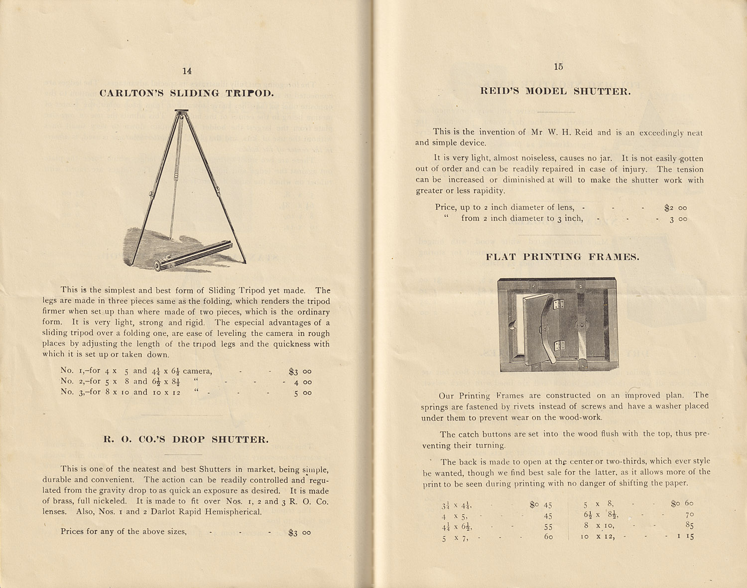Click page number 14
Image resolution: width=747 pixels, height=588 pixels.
coord(187,71)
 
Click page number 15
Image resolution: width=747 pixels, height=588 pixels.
coord(558,67)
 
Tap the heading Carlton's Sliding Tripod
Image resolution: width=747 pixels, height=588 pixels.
coord(186,93)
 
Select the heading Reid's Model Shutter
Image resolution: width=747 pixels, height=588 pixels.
coord(555,91)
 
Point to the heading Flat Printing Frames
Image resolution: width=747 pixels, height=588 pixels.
coord(562,257)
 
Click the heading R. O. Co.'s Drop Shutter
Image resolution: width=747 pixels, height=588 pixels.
coord(186,440)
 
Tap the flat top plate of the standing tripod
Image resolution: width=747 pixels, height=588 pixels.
coord(182,111)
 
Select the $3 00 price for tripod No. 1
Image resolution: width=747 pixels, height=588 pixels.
coord(300,371)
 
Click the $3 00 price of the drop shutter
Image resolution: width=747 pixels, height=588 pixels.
coord(300,533)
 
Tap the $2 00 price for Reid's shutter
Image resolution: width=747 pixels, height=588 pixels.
coord(675,208)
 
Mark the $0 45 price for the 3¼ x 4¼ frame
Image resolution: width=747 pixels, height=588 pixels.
coord(541,504)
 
